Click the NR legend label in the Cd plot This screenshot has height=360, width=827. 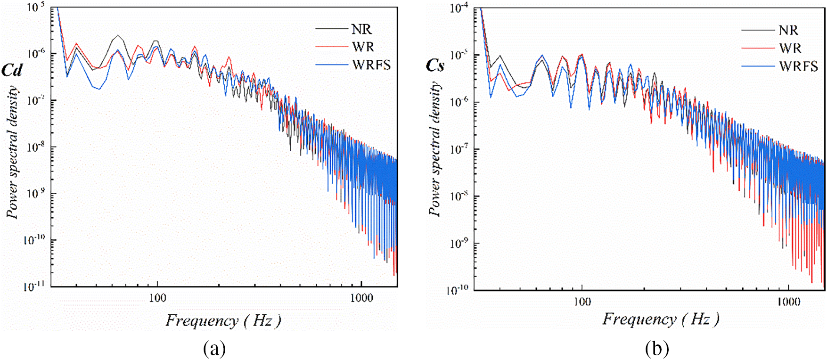click(x=361, y=29)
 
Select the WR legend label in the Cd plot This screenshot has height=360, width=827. click(x=362, y=47)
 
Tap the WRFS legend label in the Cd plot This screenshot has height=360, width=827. click(x=371, y=65)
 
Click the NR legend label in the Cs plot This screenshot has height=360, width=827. click(x=788, y=30)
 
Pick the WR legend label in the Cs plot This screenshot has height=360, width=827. click(x=790, y=48)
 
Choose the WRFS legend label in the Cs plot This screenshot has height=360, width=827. click(x=798, y=66)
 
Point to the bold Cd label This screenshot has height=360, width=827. click(x=12, y=70)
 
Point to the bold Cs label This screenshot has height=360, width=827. click(x=435, y=65)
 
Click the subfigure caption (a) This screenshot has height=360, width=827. click(x=214, y=349)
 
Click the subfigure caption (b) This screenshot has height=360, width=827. click(x=657, y=349)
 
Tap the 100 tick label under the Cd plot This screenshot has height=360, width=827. click(x=157, y=298)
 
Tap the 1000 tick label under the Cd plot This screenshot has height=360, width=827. click(x=361, y=298)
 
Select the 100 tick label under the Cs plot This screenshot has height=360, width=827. click(x=582, y=302)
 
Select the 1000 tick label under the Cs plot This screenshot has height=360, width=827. click(x=788, y=302)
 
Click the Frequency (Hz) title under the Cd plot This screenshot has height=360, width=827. click(x=223, y=321)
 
